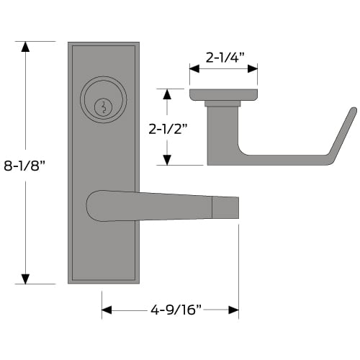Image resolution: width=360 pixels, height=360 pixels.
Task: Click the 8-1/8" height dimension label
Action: point(24,166)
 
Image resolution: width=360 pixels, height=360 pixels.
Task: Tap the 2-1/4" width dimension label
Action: point(225,58)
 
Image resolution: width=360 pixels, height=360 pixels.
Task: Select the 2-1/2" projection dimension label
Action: point(168,129)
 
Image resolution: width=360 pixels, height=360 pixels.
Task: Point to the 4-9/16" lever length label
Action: point(176,310)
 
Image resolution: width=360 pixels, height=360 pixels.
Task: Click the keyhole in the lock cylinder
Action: point(103,107)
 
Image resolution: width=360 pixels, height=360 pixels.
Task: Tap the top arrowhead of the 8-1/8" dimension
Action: point(25,47)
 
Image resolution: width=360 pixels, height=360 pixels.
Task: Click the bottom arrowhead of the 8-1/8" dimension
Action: point(25,279)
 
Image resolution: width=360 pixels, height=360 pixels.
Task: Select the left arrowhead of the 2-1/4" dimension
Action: point(194,68)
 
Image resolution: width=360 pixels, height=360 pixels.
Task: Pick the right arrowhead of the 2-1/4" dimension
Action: point(253,68)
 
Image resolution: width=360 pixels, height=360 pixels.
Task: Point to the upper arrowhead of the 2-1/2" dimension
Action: point(167,94)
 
